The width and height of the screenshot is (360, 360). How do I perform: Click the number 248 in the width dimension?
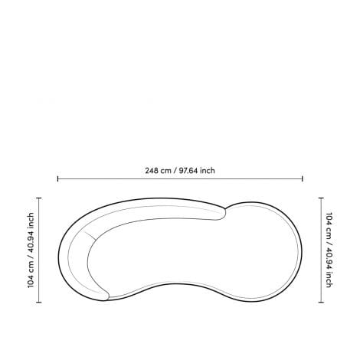pos(152,171)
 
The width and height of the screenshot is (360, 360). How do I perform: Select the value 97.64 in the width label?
pos(188,171)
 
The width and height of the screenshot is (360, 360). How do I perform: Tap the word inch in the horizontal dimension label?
pos(208,171)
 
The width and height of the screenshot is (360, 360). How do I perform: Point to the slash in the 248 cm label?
pos(175,171)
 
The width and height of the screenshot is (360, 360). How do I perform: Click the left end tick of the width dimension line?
pos(58,178)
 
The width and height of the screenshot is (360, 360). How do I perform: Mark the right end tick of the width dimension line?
pos(303,178)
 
